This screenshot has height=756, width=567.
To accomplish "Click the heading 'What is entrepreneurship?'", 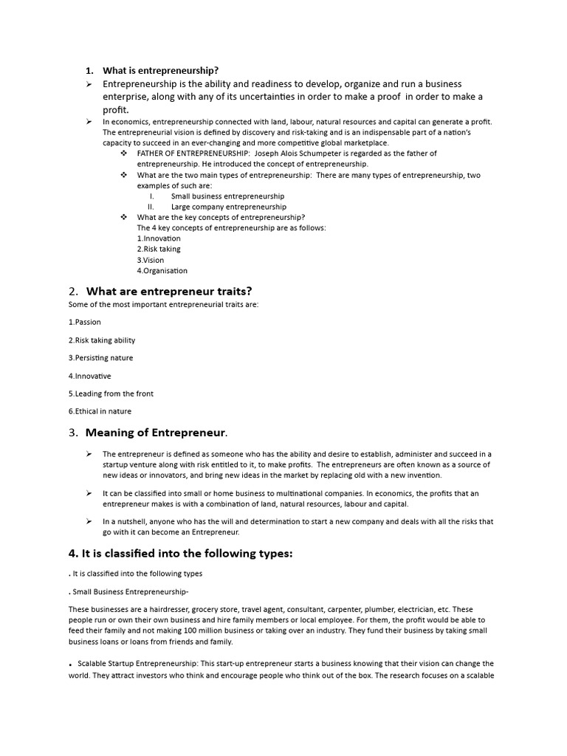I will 160,71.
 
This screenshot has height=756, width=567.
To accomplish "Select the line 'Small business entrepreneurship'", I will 227,196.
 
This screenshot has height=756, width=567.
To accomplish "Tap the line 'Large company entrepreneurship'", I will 228,207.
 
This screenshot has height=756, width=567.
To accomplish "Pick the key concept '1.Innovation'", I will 159,238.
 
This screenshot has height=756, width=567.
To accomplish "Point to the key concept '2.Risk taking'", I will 159,250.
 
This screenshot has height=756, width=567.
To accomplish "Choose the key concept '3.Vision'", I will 151,260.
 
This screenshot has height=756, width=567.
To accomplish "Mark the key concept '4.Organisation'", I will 162,271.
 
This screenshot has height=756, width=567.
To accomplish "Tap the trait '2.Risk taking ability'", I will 102,340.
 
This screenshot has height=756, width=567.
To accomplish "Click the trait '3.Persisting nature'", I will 100,358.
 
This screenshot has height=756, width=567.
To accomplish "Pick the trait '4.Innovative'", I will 90,376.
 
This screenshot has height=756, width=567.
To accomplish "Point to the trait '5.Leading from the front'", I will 111,394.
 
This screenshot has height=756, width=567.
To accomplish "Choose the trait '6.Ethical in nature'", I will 100,411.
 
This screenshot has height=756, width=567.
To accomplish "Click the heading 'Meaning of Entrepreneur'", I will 156,432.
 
